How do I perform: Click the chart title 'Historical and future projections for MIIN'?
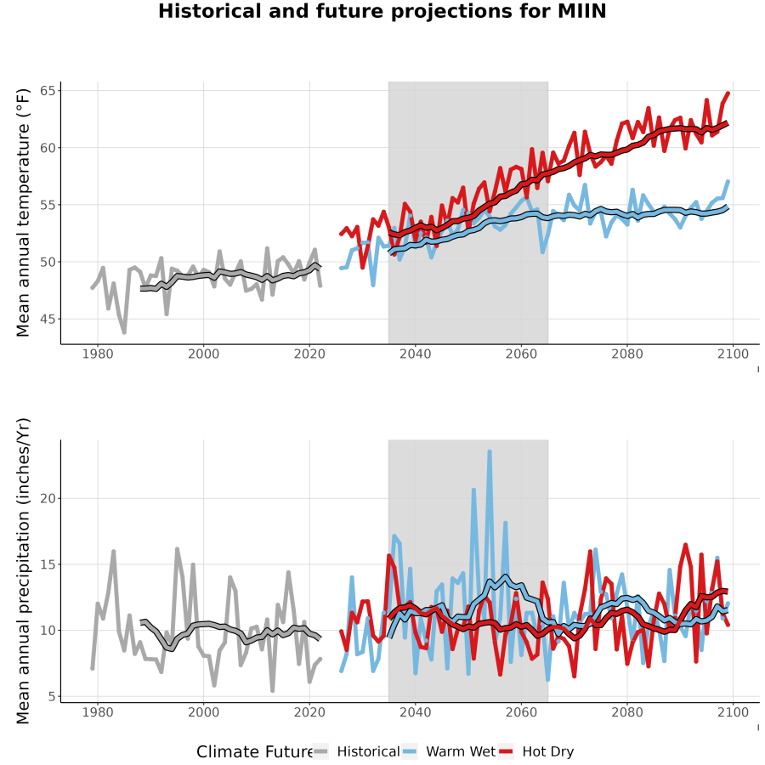tap(382, 11)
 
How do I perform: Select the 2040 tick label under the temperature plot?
tap(415, 354)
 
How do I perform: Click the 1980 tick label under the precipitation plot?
tap(98, 712)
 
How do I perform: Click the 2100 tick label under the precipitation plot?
tap(733, 712)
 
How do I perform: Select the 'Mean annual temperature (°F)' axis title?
tap(23, 212)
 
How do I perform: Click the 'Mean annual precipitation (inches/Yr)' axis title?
tap(23, 571)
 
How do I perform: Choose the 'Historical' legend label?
tap(368, 751)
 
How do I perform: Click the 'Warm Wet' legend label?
tap(461, 751)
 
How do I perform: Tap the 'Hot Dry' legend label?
tap(548, 751)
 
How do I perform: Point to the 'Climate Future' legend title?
tap(255, 752)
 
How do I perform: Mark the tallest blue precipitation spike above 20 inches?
tap(490, 452)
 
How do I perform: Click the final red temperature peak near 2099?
tap(728, 93)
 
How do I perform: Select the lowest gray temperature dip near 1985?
tap(124, 331)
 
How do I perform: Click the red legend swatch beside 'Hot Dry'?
tap(506, 752)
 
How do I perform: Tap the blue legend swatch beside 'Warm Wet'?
tap(410, 752)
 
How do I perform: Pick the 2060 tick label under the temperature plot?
tap(521, 354)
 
